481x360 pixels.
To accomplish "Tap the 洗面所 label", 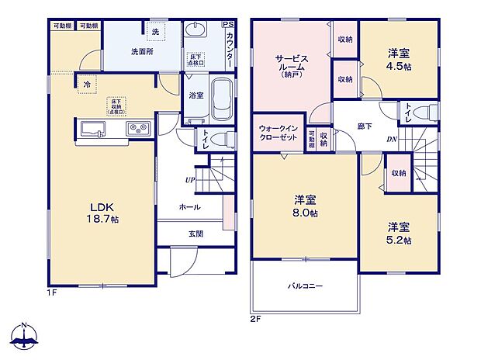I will click(141, 53).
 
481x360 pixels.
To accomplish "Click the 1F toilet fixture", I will click(221, 141).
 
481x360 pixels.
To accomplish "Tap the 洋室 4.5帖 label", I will click(398, 59).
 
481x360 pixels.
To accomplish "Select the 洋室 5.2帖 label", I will click(399, 233).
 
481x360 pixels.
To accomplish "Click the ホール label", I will click(189, 207).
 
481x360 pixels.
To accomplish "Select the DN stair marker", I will click(393, 140).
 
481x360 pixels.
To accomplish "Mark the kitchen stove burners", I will click(139, 128).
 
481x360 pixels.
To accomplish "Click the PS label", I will click(227, 25).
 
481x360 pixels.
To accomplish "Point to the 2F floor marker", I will click(255, 318).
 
